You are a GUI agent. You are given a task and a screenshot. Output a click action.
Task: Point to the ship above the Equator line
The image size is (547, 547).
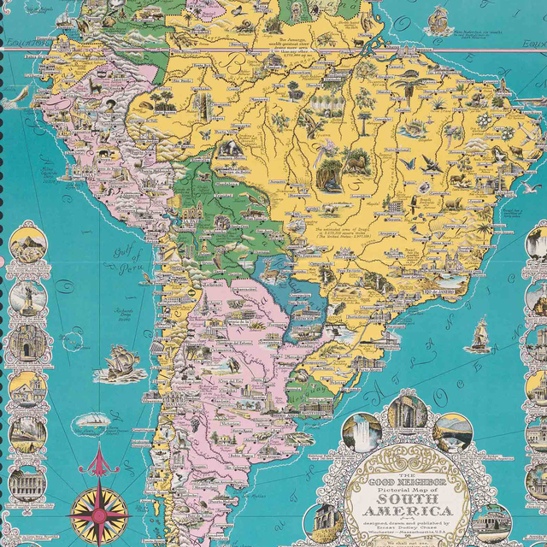coord(439,18)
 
